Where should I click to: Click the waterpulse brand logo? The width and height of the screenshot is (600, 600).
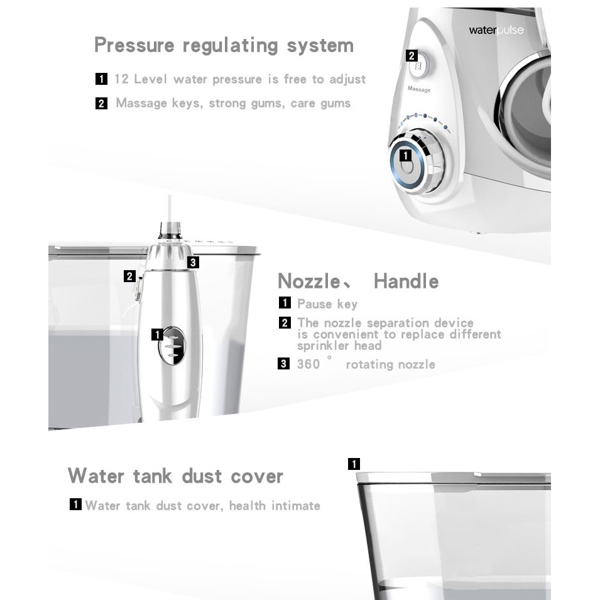[x=496, y=30]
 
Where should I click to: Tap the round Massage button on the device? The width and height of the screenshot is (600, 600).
[x=419, y=66]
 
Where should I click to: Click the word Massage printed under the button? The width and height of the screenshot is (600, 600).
[x=419, y=89]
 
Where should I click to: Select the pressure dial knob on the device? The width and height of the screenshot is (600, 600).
[x=417, y=161]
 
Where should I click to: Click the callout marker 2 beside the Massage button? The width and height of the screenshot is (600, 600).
[x=412, y=56]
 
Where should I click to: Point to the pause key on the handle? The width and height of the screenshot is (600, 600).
[x=173, y=345]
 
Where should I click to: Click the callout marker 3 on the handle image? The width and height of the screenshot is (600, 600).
[x=193, y=263]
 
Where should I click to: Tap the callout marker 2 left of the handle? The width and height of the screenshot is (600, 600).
[x=129, y=276]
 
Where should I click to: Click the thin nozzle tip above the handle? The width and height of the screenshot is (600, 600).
[x=169, y=209]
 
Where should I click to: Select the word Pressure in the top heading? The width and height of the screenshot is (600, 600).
[x=134, y=45]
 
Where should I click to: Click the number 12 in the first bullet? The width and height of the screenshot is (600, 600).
[x=121, y=79]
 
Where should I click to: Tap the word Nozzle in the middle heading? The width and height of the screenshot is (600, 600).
[x=309, y=281]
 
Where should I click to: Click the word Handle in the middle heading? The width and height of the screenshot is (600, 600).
[x=406, y=281]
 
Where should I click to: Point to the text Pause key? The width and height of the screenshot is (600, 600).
[x=327, y=304]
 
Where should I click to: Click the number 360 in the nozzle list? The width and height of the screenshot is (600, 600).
[x=308, y=364]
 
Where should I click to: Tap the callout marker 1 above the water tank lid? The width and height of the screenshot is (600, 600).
[x=354, y=464]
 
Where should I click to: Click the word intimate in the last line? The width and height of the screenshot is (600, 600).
[x=296, y=506]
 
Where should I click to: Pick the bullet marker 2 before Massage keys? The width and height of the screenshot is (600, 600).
[x=101, y=103]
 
